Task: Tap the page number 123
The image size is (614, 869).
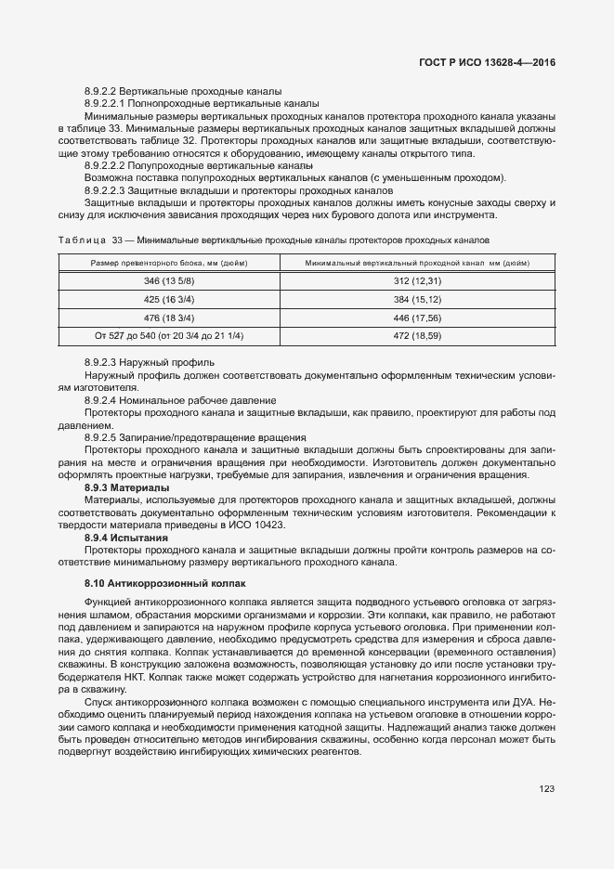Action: pos(546,788)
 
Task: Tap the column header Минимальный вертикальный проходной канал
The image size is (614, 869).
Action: pos(417,263)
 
